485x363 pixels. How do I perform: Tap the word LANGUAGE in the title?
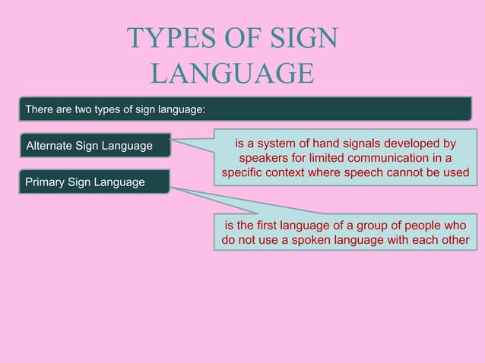232,73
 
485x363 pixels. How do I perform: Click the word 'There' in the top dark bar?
40,110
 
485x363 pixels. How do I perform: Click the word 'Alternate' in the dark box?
52,145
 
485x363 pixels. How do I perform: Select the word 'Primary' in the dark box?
46,182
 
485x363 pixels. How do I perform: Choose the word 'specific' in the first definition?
242,173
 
